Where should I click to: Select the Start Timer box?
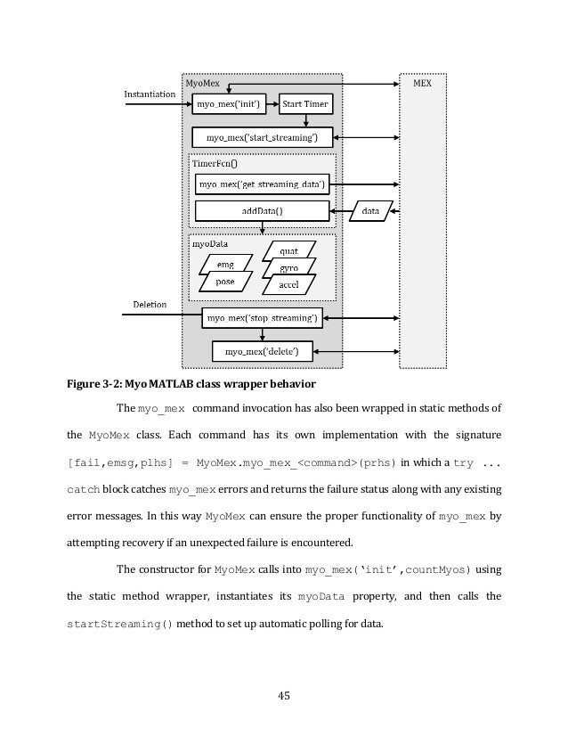(x=305, y=105)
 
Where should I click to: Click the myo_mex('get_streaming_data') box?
(x=262, y=184)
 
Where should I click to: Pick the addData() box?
(x=262, y=211)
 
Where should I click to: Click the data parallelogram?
(x=371, y=211)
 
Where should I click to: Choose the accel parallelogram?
(x=288, y=285)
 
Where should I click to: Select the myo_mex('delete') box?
(x=261, y=352)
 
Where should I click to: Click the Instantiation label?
(x=149, y=93)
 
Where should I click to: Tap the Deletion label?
(x=150, y=305)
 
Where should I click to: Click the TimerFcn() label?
(x=210, y=164)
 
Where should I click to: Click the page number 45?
(x=284, y=695)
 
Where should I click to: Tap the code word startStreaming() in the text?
(x=114, y=623)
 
